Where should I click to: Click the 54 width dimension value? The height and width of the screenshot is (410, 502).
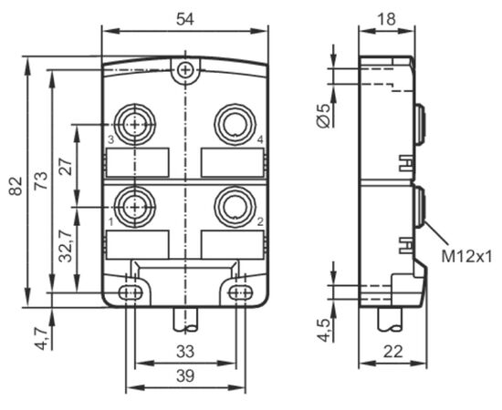(185, 20)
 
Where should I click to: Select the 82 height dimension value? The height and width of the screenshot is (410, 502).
(16, 186)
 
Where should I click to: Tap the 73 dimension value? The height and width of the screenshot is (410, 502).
(42, 181)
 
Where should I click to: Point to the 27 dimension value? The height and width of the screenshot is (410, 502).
(67, 166)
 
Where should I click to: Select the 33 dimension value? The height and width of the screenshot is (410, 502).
(185, 352)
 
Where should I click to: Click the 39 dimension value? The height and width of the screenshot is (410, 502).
(185, 375)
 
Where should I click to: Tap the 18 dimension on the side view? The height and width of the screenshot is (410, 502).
(387, 19)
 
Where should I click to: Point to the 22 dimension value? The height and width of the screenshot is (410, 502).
(392, 352)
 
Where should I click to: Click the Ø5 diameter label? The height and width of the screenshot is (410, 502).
(324, 116)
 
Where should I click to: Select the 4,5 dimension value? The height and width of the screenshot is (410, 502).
(325, 331)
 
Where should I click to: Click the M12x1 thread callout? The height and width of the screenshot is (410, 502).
(466, 257)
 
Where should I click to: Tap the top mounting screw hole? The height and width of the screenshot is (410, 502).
(185, 70)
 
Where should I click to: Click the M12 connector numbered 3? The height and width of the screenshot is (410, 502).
(135, 124)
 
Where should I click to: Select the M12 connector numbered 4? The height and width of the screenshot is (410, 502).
(235, 124)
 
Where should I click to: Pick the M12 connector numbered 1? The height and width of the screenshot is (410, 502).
(135, 207)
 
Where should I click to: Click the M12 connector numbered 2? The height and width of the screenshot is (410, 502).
(235, 207)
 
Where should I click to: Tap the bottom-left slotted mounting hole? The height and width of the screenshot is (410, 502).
(131, 292)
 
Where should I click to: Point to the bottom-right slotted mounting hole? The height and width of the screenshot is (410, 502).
(241, 292)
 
